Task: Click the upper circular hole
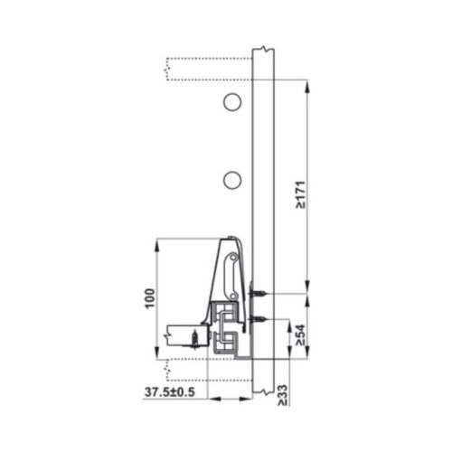click(232, 102)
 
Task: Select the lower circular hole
click(232, 180)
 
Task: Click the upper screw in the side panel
click(259, 295)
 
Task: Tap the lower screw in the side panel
click(259, 321)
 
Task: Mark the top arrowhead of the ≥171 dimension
click(309, 86)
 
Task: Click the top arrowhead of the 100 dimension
click(158, 242)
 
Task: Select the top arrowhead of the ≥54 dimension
click(309, 298)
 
